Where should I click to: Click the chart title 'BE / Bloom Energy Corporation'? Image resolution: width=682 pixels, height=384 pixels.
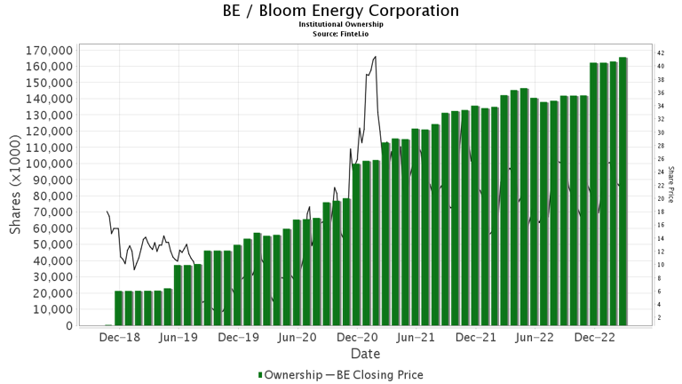[341, 11]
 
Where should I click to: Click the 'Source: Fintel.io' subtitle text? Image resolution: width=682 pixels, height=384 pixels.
[341, 34]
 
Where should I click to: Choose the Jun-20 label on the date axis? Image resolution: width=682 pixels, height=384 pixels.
[297, 338]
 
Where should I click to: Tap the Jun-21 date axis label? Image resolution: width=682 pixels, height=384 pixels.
[415, 338]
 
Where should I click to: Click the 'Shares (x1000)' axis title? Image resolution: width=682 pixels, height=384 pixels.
[16, 186]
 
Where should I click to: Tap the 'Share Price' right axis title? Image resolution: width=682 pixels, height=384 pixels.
[672, 185]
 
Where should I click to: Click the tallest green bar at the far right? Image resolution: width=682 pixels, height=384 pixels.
[623, 191]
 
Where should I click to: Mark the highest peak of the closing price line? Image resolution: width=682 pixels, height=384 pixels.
[376, 57]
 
